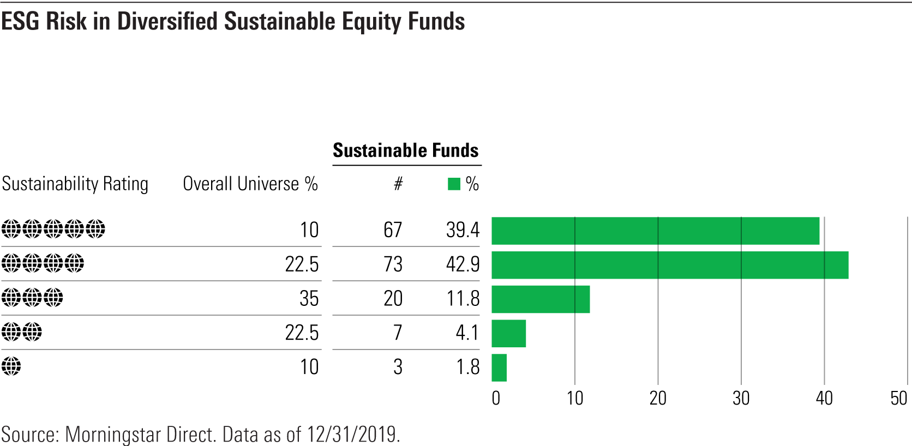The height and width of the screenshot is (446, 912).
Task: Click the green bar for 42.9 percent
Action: pyautogui.click(x=670, y=265)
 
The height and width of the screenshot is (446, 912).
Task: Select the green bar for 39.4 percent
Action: pyautogui.click(x=655, y=231)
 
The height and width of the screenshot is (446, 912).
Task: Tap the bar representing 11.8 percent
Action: pyautogui.click(x=541, y=299)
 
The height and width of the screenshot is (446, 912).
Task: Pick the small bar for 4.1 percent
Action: pyautogui.click(x=508, y=334)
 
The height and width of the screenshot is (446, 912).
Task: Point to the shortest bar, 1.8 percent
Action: pyautogui.click(x=499, y=367)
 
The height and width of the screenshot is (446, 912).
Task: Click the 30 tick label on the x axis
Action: pyautogui.click(x=741, y=399)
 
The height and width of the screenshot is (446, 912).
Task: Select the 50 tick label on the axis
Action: pyautogui.click(x=898, y=399)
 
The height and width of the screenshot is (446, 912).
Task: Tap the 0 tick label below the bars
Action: pyautogui.click(x=496, y=399)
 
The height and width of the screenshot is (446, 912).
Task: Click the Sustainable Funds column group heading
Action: pyautogui.click(x=406, y=150)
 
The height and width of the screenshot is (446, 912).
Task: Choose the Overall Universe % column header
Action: pyautogui.click(x=250, y=184)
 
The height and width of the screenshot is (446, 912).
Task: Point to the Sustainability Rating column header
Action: pyautogui.click(x=75, y=184)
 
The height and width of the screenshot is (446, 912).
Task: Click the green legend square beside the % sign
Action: pyautogui.click(x=454, y=184)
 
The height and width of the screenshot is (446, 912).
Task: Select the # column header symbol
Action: pyautogui.click(x=398, y=184)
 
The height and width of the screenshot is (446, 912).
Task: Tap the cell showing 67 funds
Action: pyautogui.click(x=393, y=230)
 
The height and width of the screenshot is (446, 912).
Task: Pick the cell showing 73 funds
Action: pyautogui.click(x=393, y=264)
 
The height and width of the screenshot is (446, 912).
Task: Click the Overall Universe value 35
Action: pyautogui.click(x=309, y=299)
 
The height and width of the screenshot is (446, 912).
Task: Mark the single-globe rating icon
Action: pyautogui.click(x=11, y=366)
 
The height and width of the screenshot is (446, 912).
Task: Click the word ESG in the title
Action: pyautogui.click(x=21, y=22)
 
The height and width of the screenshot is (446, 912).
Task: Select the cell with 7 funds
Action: pyautogui.click(x=398, y=333)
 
